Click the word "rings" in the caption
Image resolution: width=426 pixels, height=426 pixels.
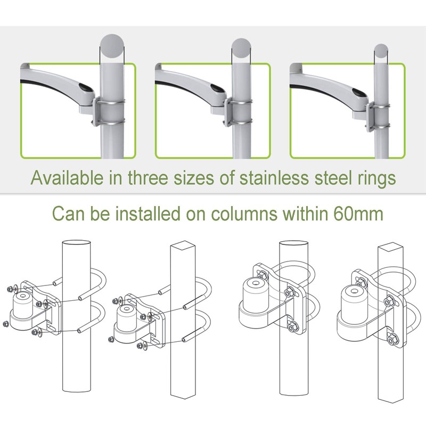pos(376,177)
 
